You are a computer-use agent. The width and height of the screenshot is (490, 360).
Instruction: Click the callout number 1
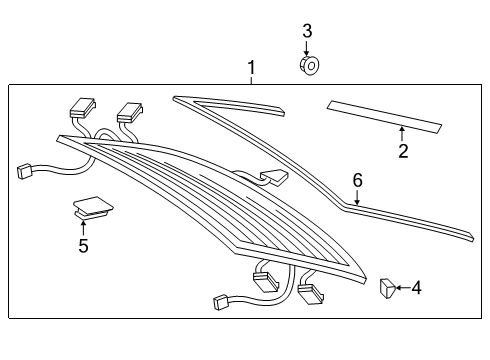pyautogui.click(x=251, y=68)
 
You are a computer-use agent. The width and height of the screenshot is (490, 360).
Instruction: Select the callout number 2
pyautogui.click(x=403, y=151)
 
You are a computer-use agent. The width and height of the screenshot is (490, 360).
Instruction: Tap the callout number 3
pyautogui.click(x=307, y=31)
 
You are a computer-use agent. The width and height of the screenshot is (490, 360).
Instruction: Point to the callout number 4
pyautogui.click(x=416, y=288)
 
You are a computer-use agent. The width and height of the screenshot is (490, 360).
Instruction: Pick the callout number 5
pyautogui.click(x=83, y=246)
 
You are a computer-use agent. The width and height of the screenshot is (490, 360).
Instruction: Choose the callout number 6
pyautogui.click(x=358, y=180)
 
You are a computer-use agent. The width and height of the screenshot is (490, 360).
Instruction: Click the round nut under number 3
pyautogui.click(x=309, y=65)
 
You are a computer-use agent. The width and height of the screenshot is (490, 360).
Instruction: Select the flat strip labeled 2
pyautogui.click(x=384, y=117)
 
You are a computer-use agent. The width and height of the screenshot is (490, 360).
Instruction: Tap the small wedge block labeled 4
pyautogui.click(x=387, y=288)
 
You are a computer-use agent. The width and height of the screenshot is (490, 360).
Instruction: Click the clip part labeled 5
pyautogui.click(x=93, y=207)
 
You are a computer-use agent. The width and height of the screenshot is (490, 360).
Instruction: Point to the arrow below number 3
pyautogui.click(x=307, y=48)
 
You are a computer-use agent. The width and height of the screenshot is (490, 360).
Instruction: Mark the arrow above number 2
pyautogui.click(x=402, y=134)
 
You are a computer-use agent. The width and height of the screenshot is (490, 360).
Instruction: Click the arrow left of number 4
pyautogui.click(x=403, y=288)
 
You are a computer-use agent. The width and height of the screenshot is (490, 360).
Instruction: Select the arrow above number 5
pyautogui.click(x=83, y=228)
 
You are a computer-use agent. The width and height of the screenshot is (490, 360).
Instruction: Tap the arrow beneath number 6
pyautogui.click(x=357, y=197)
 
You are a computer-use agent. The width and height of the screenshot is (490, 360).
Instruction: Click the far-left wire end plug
pyautogui.click(x=24, y=172)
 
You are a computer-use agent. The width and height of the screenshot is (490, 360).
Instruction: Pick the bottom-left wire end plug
pyautogui.click(x=220, y=302)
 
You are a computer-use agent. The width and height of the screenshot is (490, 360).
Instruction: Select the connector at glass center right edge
pyautogui.click(x=274, y=177)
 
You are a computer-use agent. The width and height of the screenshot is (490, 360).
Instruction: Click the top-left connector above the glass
pyautogui.click(x=82, y=108)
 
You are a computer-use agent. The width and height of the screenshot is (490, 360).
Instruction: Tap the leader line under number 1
pyautogui.click(x=252, y=80)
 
